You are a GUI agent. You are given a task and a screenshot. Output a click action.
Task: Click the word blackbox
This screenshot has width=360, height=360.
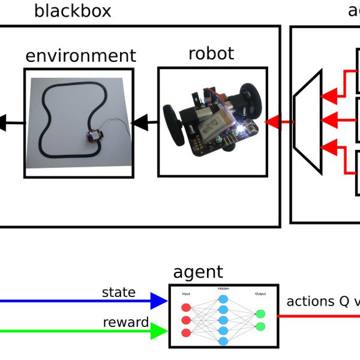tap(73, 11)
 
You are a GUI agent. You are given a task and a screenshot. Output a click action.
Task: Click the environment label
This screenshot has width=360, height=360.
tap(80, 56)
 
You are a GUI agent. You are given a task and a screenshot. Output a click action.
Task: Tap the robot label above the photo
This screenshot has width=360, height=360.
tap(211, 53)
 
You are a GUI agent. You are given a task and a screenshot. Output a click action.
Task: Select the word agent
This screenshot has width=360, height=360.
tap(197, 272)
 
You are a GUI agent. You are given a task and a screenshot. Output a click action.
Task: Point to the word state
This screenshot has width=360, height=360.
tap(118, 293)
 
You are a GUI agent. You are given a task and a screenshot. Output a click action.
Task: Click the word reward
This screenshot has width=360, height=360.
tap(125, 322)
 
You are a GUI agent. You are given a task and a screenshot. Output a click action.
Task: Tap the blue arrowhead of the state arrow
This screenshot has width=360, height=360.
tap(158, 301)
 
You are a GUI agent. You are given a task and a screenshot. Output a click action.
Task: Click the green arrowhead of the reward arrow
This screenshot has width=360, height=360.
tap(158, 330)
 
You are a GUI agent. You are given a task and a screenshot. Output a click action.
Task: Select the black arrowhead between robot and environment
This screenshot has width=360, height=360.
tap(140, 123)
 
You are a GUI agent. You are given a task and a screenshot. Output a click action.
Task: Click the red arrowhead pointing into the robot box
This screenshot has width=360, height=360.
tap(273, 122)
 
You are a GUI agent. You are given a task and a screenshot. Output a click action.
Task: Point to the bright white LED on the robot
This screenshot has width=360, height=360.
tap(242, 128)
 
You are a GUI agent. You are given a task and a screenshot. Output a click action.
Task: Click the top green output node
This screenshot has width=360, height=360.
tap(260, 313)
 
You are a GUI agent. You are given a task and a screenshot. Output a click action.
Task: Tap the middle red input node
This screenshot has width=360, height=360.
tap(185, 320)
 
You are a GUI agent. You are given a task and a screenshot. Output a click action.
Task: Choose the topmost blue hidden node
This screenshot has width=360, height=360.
tap(223, 298)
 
